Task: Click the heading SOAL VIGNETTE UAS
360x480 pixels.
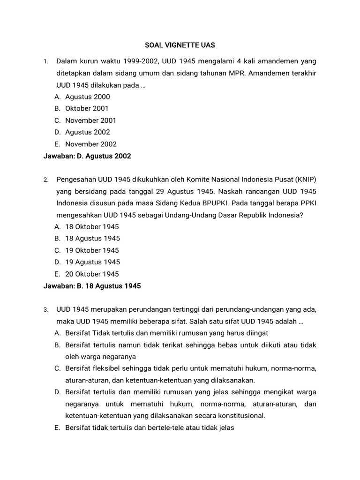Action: point(180,45)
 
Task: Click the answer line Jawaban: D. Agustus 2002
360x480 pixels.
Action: point(87,156)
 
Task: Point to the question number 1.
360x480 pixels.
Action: point(45,62)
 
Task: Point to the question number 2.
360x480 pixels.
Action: point(45,180)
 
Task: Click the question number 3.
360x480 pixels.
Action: point(45,310)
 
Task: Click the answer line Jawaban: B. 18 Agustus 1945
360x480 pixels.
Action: point(92,286)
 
